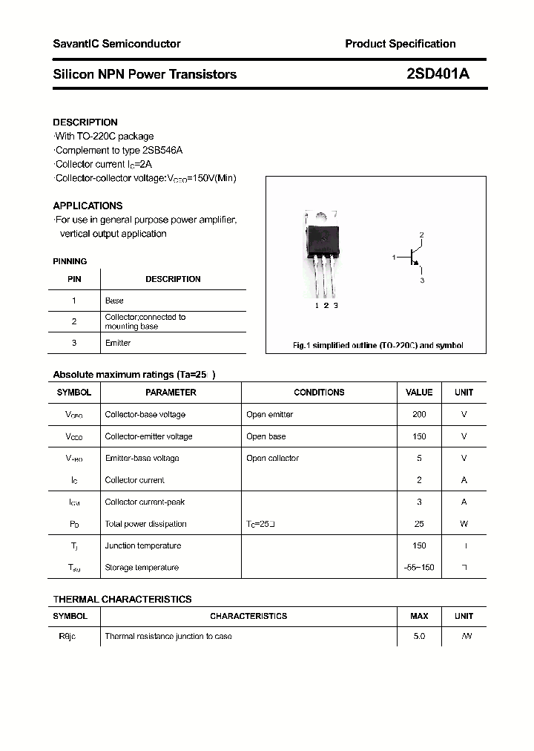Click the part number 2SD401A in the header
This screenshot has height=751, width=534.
click(x=438, y=73)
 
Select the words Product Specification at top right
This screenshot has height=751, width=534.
click(x=400, y=44)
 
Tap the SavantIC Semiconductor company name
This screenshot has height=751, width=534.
click(x=116, y=44)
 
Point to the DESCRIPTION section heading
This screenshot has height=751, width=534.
click(x=85, y=122)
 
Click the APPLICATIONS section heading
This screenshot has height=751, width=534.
click(x=88, y=206)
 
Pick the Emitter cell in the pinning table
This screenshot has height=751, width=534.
click(x=118, y=343)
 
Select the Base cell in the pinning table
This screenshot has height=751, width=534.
click(x=114, y=301)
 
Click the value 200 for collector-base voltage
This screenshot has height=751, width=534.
click(x=419, y=414)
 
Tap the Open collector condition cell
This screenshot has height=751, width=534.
click(x=272, y=458)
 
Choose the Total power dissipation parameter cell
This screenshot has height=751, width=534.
click(x=145, y=524)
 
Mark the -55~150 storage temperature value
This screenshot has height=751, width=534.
click(x=419, y=568)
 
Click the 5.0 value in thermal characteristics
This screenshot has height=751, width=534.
click(x=419, y=637)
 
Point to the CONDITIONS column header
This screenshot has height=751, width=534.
click(x=319, y=392)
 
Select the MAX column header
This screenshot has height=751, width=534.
click(x=419, y=616)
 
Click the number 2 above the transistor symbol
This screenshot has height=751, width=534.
click(x=421, y=235)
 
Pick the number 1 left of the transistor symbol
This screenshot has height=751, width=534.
click(x=394, y=257)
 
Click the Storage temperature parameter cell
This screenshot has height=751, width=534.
click(x=142, y=568)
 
